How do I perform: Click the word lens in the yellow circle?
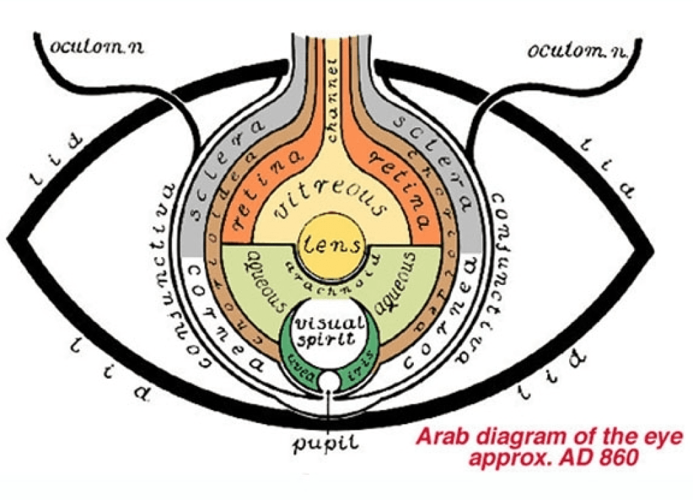point(331,243)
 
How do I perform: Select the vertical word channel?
point(332,101)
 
